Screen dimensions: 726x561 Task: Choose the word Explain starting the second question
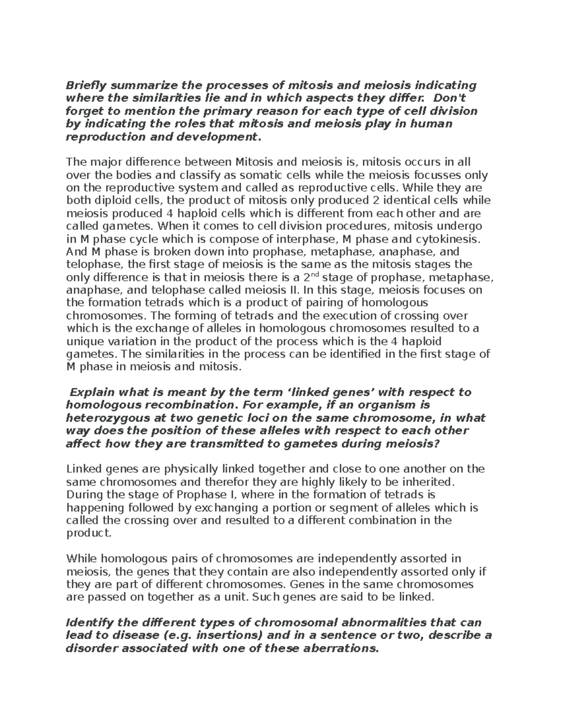click(x=92, y=392)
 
